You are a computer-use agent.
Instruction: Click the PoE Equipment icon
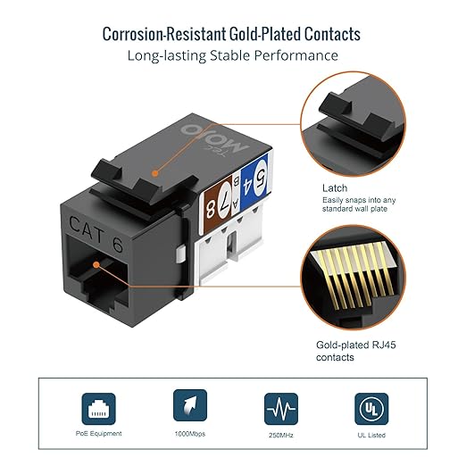coord(98,409)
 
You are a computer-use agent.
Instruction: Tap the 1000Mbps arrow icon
coord(190,405)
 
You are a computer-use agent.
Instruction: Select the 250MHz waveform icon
coord(281,409)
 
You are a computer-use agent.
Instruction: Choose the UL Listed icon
coord(371,409)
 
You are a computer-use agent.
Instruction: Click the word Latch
coord(335,188)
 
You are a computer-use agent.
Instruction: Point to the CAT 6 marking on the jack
coord(96,234)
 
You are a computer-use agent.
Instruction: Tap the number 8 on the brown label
coord(211,209)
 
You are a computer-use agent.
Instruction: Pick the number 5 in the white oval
coord(261,177)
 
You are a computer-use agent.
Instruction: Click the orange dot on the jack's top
coord(154,173)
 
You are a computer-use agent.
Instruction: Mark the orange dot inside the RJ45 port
coord(96,265)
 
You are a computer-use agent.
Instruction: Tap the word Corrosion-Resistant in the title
coord(164,34)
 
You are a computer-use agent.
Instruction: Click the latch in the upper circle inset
coord(355,118)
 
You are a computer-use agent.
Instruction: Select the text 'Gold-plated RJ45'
coord(356,345)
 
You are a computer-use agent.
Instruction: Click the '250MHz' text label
coord(281,435)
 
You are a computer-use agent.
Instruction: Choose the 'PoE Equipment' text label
coord(98,434)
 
